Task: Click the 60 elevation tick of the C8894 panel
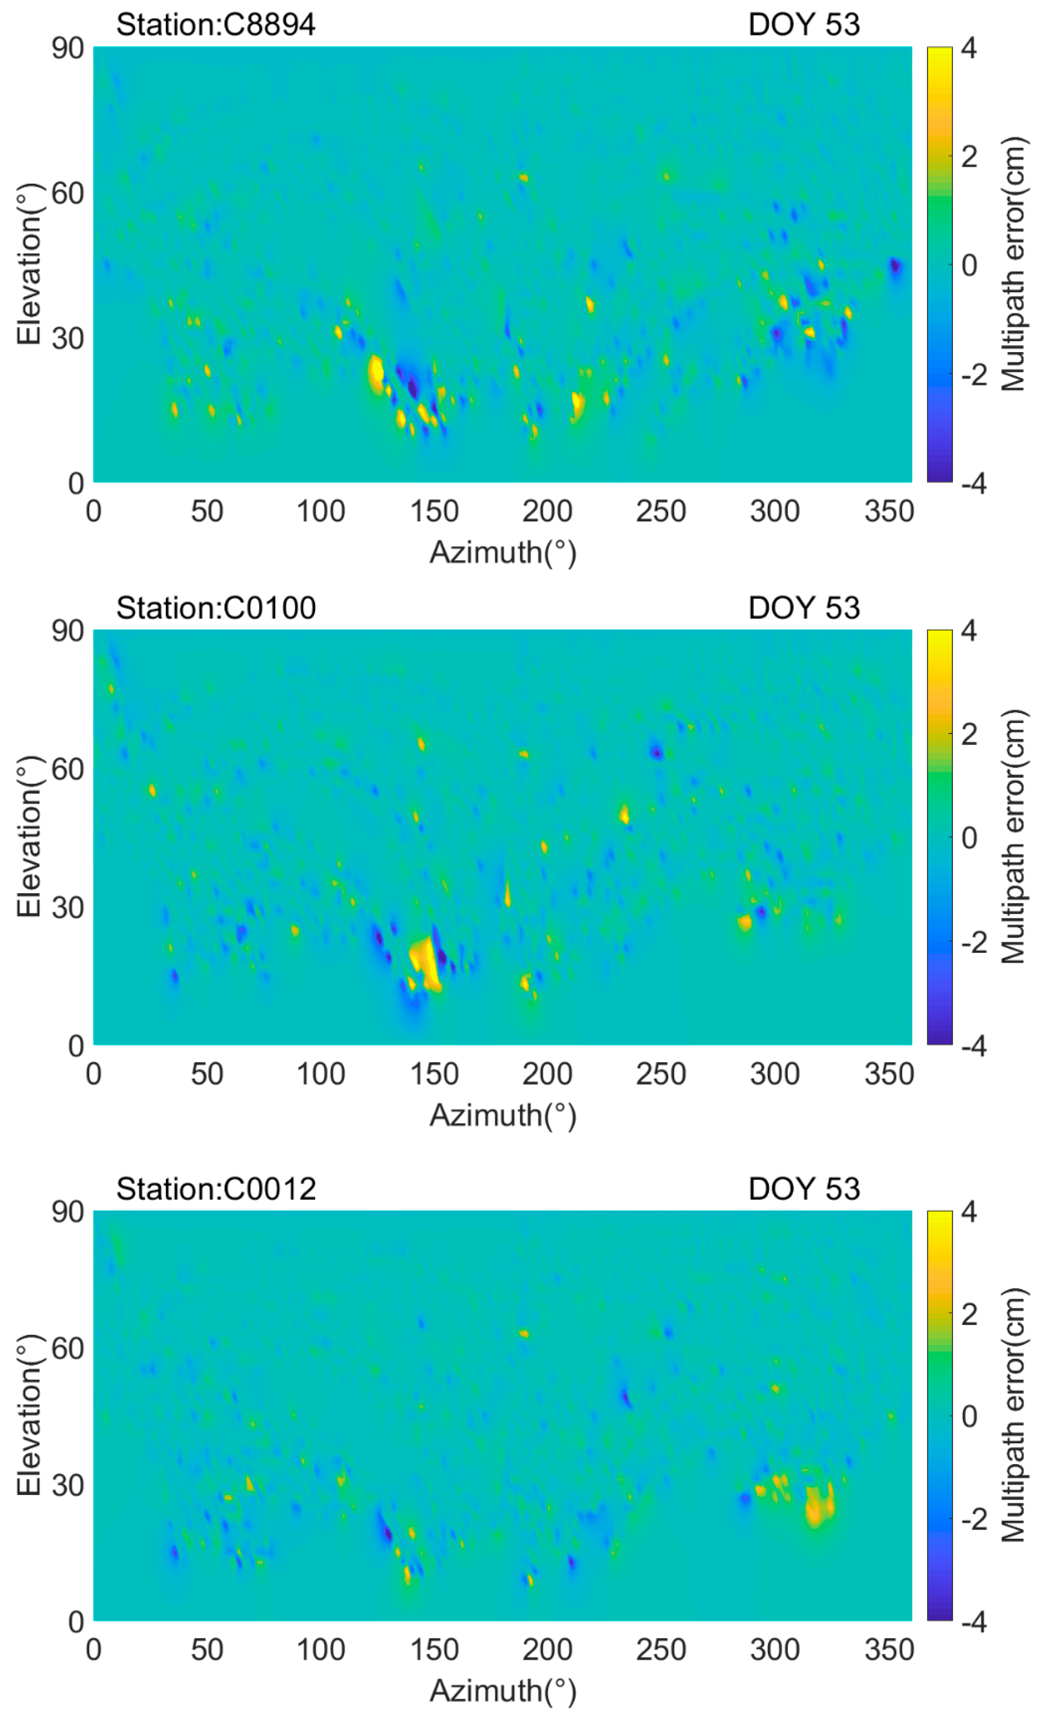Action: [x=68, y=194]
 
